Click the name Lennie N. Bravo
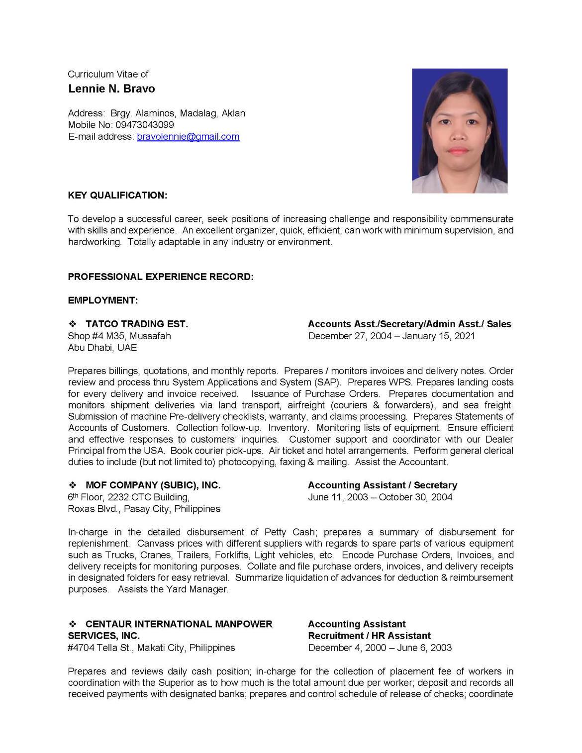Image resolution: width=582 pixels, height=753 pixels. [x=111, y=89]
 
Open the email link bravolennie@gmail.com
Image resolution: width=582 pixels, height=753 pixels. [x=188, y=136]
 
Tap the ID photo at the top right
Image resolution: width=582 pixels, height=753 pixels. [x=460, y=130]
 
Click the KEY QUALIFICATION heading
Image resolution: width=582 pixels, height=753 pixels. [x=117, y=195]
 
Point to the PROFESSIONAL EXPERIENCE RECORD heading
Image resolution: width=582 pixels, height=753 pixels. [x=161, y=277]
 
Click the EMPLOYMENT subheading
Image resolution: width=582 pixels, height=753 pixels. [x=103, y=300]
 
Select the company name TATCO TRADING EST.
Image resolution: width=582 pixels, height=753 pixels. [x=137, y=324]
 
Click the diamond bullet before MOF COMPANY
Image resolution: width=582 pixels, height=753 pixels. [x=72, y=485]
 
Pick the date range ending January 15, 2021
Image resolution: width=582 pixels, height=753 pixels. [x=391, y=336]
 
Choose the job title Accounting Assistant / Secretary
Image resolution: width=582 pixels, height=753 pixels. [x=382, y=485]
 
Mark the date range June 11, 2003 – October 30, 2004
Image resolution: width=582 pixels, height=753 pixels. [x=380, y=497]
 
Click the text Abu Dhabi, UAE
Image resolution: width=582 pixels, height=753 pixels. [x=102, y=348]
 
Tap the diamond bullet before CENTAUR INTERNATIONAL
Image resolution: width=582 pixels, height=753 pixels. [x=72, y=624]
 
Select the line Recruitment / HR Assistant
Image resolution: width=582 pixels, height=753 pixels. [x=369, y=636]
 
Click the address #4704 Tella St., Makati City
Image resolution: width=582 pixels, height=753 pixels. [x=151, y=648]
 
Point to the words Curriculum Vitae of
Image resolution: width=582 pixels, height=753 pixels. [x=108, y=74]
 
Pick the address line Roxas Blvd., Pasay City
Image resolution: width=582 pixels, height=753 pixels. [x=144, y=509]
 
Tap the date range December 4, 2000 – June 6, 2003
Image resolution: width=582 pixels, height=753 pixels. [x=380, y=648]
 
